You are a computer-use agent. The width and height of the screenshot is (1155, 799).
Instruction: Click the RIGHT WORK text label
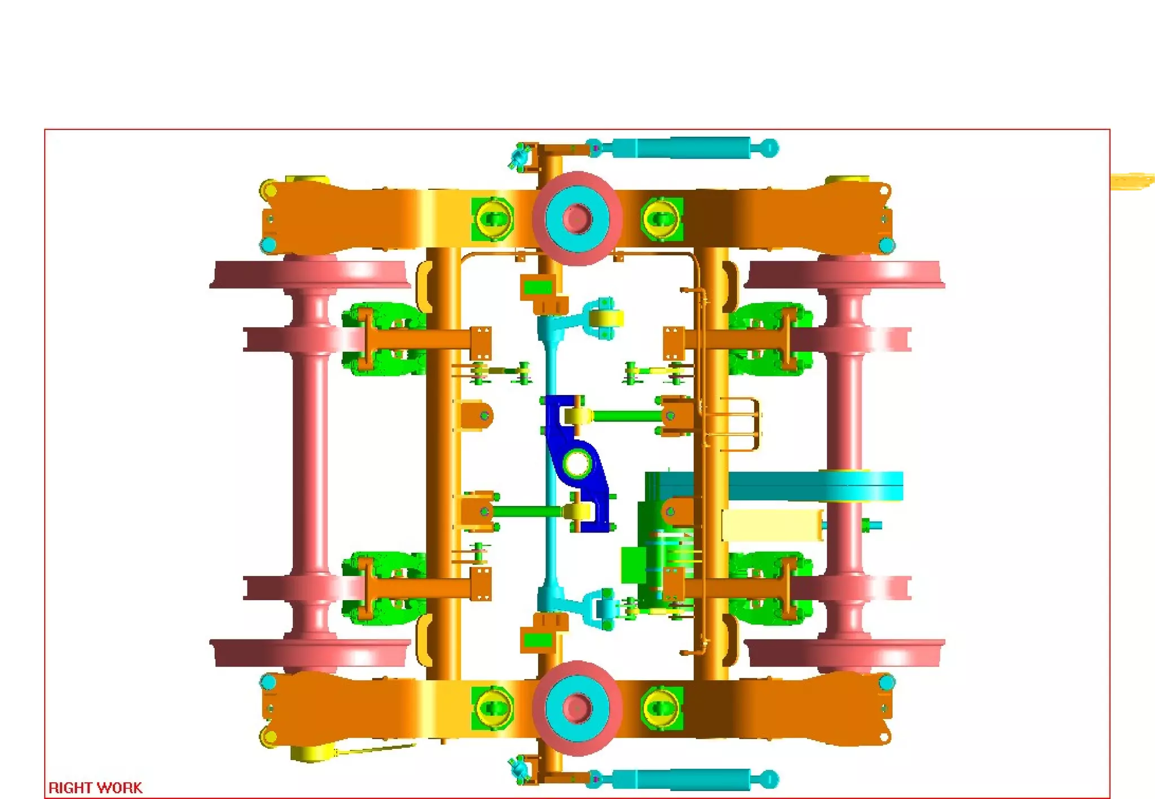[x=95, y=787]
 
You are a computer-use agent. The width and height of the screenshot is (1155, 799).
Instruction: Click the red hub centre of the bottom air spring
[x=577, y=708]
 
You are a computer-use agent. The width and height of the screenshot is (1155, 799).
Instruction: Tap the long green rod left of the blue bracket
[x=527, y=512]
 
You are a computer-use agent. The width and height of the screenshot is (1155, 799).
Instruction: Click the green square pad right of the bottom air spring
[x=662, y=708]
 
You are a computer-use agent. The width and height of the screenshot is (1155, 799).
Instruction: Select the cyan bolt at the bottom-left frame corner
[x=268, y=682]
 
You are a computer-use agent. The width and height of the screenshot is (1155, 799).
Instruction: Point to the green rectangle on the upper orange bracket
[x=537, y=288]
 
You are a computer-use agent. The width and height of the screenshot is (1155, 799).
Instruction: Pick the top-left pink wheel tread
[x=310, y=274]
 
